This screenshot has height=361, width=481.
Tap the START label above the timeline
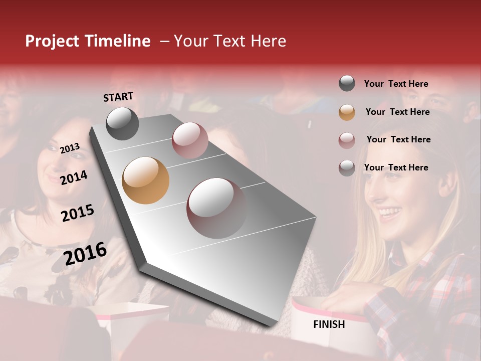click(118, 97)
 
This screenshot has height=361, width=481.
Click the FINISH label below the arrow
click(329, 324)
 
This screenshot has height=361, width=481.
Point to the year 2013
click(70, 148)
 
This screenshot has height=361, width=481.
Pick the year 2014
click(74, 177)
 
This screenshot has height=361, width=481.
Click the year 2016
click(85, 254)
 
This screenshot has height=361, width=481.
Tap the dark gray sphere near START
click(122, 123)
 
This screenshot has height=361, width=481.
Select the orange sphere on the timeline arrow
click(145, 180)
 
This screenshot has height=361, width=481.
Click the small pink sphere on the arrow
click(190, 140)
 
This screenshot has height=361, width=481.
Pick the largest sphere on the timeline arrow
click(216, 208)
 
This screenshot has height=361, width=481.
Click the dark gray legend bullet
click(347, 84)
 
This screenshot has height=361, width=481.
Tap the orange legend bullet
click(347, 112)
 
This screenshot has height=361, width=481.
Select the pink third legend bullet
click(347, 140)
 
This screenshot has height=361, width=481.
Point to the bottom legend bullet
click(347, 168)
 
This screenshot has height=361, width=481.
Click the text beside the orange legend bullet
click(398, 112)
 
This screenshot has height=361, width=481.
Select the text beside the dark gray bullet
click(396, 84)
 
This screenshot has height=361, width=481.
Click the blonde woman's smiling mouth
click(390, 213)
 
